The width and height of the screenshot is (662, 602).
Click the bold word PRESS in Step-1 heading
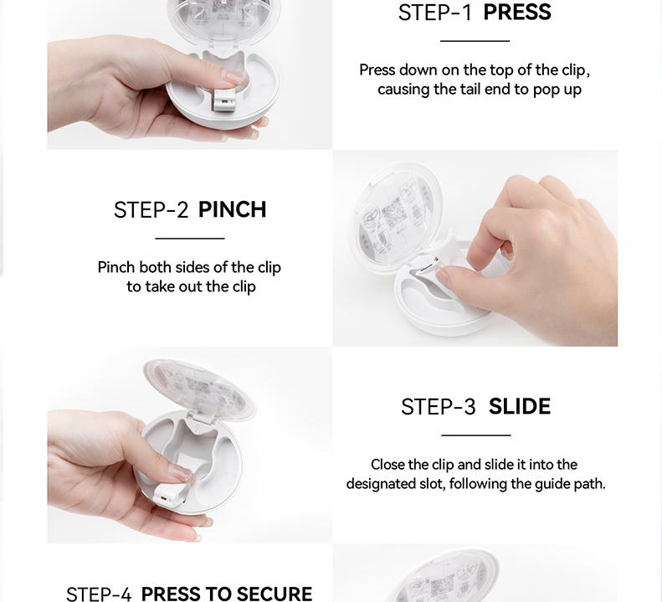click(517, 12)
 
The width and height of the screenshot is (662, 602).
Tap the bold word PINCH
click(232, 209)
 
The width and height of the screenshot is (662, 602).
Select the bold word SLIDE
click(520, 406)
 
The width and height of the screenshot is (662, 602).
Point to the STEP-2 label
click(151, 210)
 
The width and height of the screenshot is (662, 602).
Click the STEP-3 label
click(439, 407)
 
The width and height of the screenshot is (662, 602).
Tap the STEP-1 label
click(434, 13)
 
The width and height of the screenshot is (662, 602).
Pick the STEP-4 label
click(99, 594)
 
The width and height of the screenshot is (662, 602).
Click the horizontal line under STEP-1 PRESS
click(475, 41)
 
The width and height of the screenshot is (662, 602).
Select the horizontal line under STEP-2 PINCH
click(190, 239)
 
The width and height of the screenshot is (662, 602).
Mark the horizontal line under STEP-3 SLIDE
click(476, 435)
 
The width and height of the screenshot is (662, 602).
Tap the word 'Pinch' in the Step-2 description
click(116, 267)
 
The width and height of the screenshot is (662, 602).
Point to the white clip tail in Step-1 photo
click(223, 100)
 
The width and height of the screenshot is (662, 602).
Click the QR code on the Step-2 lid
click(394, 215)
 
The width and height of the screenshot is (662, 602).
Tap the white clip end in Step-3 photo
click(166, 495)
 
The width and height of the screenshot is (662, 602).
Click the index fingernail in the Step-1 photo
click(233, 76)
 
